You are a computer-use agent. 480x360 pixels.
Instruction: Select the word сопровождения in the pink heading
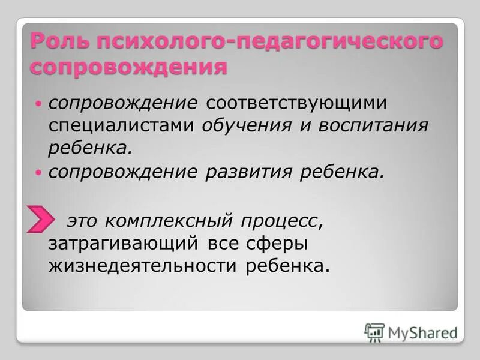click(128, 67)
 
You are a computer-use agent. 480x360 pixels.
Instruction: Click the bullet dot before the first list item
click(39, 103)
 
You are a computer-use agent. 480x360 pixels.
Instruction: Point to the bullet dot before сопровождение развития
click(39, 173)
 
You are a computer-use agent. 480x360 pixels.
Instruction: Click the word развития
click(245, 172)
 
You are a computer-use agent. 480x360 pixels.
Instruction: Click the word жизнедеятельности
click(143, 266)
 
